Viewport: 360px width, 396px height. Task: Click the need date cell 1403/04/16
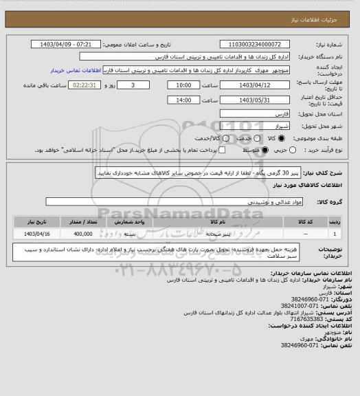click(x=37, y=234)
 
